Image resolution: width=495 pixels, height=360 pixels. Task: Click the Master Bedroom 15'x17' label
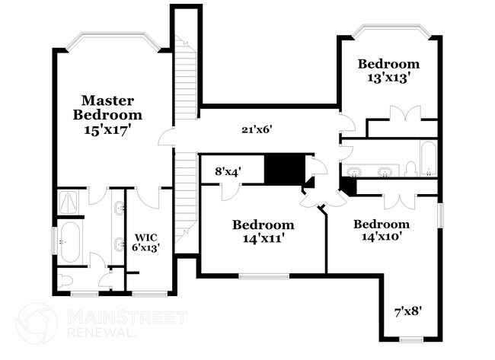[x=107, y=115]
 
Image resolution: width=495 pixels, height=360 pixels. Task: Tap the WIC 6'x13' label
[x=145, y=242]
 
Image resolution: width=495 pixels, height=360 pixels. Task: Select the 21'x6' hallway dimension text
[x=257, y=129]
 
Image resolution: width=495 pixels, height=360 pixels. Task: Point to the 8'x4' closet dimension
[x=228, y=172]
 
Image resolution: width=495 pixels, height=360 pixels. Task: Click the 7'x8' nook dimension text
[x=408, y=312]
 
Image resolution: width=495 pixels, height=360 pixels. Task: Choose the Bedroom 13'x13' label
[x=388, y=70]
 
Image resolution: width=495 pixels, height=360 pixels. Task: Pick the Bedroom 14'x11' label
[x=263, y=231]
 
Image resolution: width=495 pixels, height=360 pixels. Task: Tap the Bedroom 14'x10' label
[x=382, y=230]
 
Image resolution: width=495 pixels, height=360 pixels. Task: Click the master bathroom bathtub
[x=70, y=241]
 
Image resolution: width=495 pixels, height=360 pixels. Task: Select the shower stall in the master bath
[x=69, y=202]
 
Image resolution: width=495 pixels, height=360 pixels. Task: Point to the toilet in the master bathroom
[x=65, y=280]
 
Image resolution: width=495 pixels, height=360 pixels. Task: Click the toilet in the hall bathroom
[x=411, y=169]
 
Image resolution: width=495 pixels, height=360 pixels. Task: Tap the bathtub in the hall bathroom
[x=429, y=158]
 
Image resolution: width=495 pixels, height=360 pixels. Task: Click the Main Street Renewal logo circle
[x=37, y=323]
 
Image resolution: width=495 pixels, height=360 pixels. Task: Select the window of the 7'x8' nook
[x=411, y=339]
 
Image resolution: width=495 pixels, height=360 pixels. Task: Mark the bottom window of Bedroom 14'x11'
[x=264, y=276]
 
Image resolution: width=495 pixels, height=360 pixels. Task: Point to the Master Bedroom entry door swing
[x=166, y=137]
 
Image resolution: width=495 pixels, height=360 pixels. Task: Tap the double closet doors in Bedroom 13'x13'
[x=405, y=113]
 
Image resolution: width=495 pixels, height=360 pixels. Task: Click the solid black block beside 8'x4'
[x=285, y=169]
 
